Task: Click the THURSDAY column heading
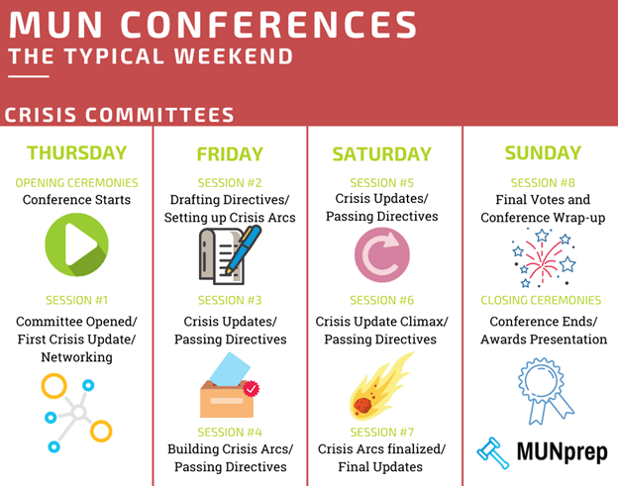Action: pos(77,152)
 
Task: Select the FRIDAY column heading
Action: pos(230,154)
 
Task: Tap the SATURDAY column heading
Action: pos(382,154)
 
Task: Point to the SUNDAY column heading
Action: pos(543,152)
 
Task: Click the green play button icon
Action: pos(77,245)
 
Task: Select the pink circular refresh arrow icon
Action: pos(382,254)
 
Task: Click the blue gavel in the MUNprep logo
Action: pos(492,451)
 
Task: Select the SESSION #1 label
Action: pos(77,300)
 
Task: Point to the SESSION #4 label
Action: pos(230,432)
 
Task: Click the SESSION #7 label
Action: pos(382,432)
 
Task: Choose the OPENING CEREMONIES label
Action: pos(77,183)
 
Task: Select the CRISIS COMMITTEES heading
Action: pos(119,115)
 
